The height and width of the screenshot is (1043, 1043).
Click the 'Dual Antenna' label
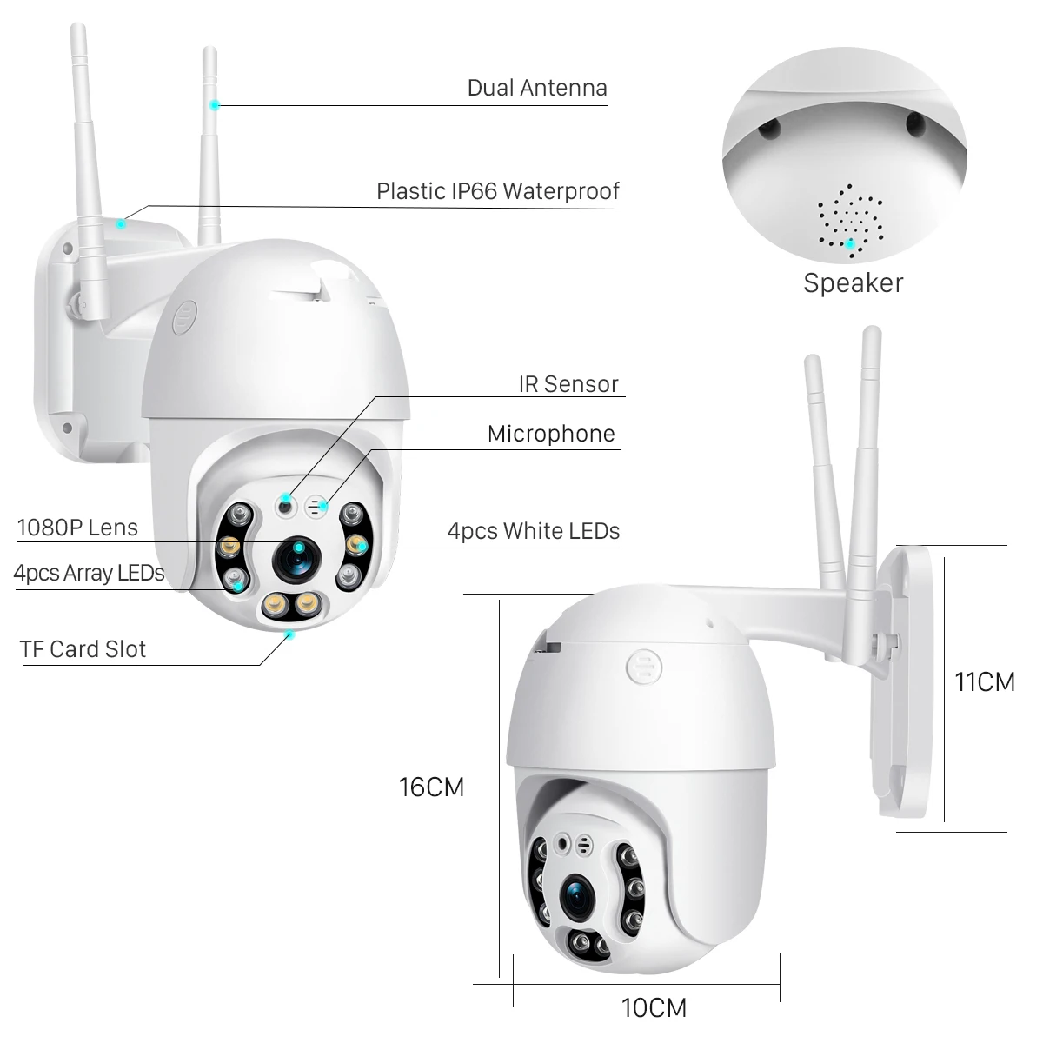point(536,88)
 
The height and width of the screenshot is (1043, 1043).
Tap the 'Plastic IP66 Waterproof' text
point(497,191)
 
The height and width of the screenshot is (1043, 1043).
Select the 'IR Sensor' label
point(568,384)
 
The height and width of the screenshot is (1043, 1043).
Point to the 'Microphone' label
point(551,434)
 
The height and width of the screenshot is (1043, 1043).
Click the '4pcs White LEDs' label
point(533,531)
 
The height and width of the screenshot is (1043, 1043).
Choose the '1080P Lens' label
point(77,528)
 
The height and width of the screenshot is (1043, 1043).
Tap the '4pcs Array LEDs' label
point(89,573)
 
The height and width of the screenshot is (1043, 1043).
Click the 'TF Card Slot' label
point(83,649)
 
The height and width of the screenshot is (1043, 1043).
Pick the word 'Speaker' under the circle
point(853,282)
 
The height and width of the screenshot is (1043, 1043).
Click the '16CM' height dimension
point(431,787)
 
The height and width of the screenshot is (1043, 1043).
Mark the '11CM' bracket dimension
point(984,682)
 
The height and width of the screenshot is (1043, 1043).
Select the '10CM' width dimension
point(654,1008)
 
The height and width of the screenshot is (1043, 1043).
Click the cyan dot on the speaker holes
point(850,243)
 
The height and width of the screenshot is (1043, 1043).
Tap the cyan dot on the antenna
point(214,105)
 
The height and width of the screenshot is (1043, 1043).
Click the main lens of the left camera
point(296,561)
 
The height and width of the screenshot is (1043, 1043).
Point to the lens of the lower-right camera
point(575,898)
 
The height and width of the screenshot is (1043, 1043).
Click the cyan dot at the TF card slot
point(290,634)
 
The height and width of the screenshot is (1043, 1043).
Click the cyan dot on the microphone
point(323,504)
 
